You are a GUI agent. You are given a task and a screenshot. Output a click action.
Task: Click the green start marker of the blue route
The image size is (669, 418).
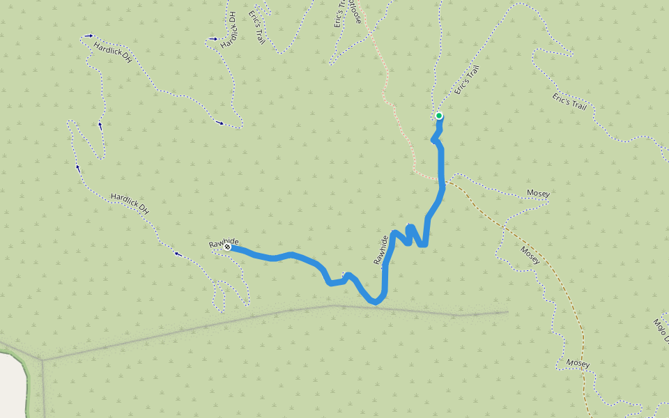[439, 116]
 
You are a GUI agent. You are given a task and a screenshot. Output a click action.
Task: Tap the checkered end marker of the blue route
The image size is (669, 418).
[227, 247]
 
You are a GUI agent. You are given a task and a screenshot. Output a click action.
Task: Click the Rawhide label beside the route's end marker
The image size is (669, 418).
[223, 242]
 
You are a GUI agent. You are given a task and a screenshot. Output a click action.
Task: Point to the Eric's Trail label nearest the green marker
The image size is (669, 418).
[468, 79]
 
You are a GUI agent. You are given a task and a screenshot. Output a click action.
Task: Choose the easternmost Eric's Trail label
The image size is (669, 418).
[571, 102]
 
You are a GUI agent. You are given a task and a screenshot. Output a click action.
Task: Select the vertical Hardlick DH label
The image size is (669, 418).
[228, 29]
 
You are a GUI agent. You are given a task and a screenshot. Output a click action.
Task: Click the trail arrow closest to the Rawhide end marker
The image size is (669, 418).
[179, 254]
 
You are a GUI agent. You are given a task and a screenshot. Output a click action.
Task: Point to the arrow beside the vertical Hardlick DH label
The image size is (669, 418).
[213, 39]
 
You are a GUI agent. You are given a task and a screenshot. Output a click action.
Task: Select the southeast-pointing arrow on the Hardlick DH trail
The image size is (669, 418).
[220, 124]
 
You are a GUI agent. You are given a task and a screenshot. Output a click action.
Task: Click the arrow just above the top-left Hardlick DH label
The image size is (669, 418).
[89, 36]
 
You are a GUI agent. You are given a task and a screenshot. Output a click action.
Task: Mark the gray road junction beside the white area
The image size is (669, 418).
[41, 360]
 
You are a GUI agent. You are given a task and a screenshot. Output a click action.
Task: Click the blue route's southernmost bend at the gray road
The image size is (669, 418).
[376, 302]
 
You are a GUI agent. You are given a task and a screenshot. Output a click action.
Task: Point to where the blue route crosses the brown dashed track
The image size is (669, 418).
[440, 183]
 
